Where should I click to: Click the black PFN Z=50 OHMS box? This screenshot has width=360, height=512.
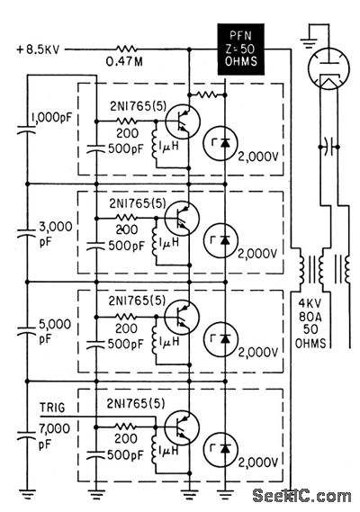(x=241, y=49)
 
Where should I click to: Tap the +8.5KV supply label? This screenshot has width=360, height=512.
(x=38, y=50)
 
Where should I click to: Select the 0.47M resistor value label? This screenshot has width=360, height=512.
(x=124, y=61)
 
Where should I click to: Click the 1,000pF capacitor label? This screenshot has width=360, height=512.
(x=51, y=118)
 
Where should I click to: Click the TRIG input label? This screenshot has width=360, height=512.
(x=52, y=408)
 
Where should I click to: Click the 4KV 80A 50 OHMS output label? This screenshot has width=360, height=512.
(x=310, y=323)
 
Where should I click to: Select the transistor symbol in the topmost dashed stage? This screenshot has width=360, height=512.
(x=183, y=121)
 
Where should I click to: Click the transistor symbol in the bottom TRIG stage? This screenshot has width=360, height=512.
(x=182, y=427)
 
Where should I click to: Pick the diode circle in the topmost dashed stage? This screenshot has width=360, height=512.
(x=220, y=143)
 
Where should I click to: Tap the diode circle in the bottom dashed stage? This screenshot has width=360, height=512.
(x=220, y=449)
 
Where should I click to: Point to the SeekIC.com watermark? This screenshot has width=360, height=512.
(x=301, y=497)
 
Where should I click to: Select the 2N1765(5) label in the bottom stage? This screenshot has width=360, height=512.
(x=136, y=404)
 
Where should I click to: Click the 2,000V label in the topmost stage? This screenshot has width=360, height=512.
(x=258, y=157)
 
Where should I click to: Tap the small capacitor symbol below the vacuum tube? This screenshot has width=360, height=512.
(x=328, y=148)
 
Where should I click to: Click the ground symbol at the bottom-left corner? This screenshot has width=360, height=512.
(x=27, y=494)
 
